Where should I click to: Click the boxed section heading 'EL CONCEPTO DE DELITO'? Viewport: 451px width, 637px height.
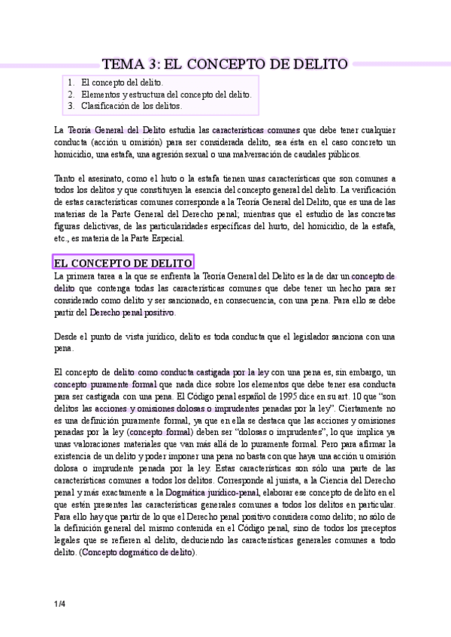point(123,262)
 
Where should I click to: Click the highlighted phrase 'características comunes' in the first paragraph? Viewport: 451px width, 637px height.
point(256,130)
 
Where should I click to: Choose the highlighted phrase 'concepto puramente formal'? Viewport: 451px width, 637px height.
point(102,384)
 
